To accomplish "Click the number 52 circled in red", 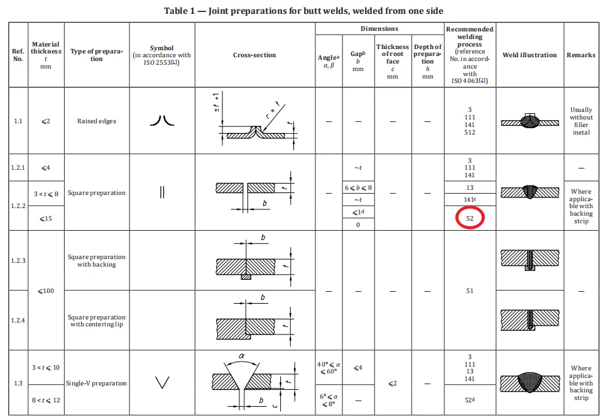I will pos(470,219).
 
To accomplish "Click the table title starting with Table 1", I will pos(304,11).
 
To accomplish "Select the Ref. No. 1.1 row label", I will pos(18,121).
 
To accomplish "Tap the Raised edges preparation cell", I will pos(97,121).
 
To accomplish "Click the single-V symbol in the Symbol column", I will pos(161,382).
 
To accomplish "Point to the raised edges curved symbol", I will pos(161,121).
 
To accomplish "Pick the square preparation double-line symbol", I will pos(161,193).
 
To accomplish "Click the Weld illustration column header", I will pos(529,55).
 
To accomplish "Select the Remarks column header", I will pos(580,55).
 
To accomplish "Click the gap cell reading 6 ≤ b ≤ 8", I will pos(358,188).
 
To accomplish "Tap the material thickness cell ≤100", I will pos(45,291).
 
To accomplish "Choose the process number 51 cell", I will pos(470,291).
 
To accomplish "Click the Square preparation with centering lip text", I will pos(97,321).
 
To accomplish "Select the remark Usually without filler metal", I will pos(580,121).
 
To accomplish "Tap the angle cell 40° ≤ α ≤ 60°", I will pos(329,368).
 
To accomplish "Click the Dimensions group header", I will pos(379,29).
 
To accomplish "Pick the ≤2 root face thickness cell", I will pos(393,383).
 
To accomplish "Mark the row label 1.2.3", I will pos(18,260).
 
